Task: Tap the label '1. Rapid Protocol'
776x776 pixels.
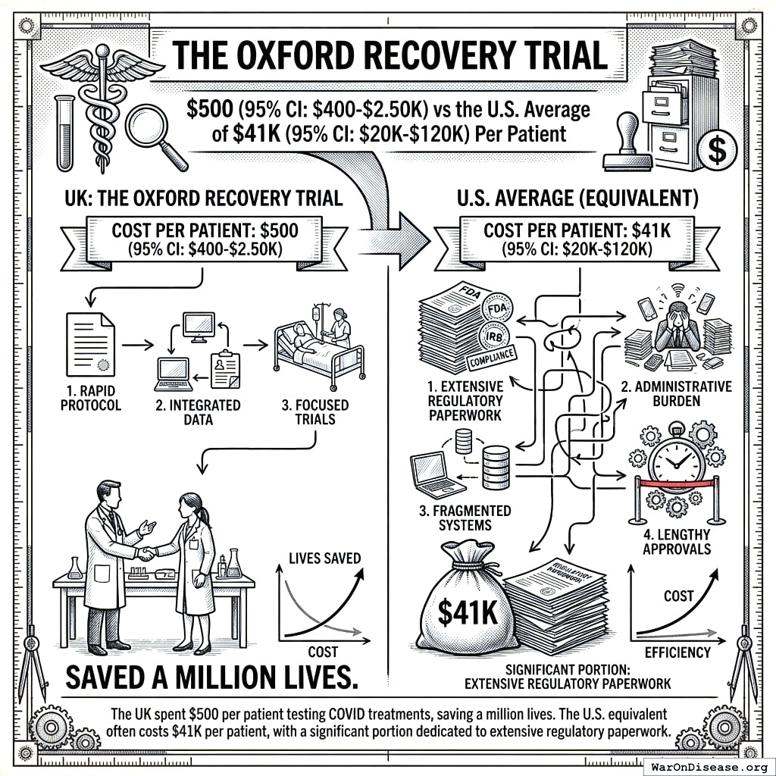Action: point(89,398)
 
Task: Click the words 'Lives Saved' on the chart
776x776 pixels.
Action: point(324,559)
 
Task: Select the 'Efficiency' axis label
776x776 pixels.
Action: point(677,652)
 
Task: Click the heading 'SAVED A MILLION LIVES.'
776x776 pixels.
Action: point(211,677)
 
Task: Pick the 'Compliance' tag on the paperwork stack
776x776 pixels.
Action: point(493,354)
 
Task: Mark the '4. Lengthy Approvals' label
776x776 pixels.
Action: point(677,540)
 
